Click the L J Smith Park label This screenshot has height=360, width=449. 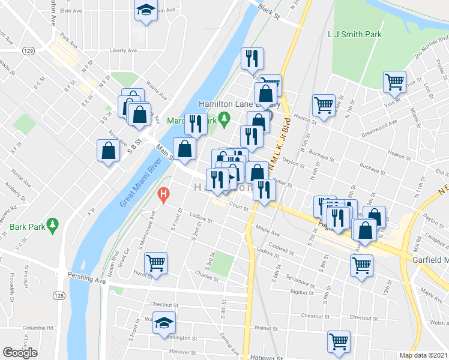click(355, 34)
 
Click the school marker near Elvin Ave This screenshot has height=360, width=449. click(145, 11)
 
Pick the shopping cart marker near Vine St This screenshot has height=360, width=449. click(394, 82)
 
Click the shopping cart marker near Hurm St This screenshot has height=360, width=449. click(155, 263)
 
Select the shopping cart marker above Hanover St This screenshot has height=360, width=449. click(339, 341)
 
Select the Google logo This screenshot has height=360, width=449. click(20, 352)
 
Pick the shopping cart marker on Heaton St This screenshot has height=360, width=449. click(324, 104)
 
